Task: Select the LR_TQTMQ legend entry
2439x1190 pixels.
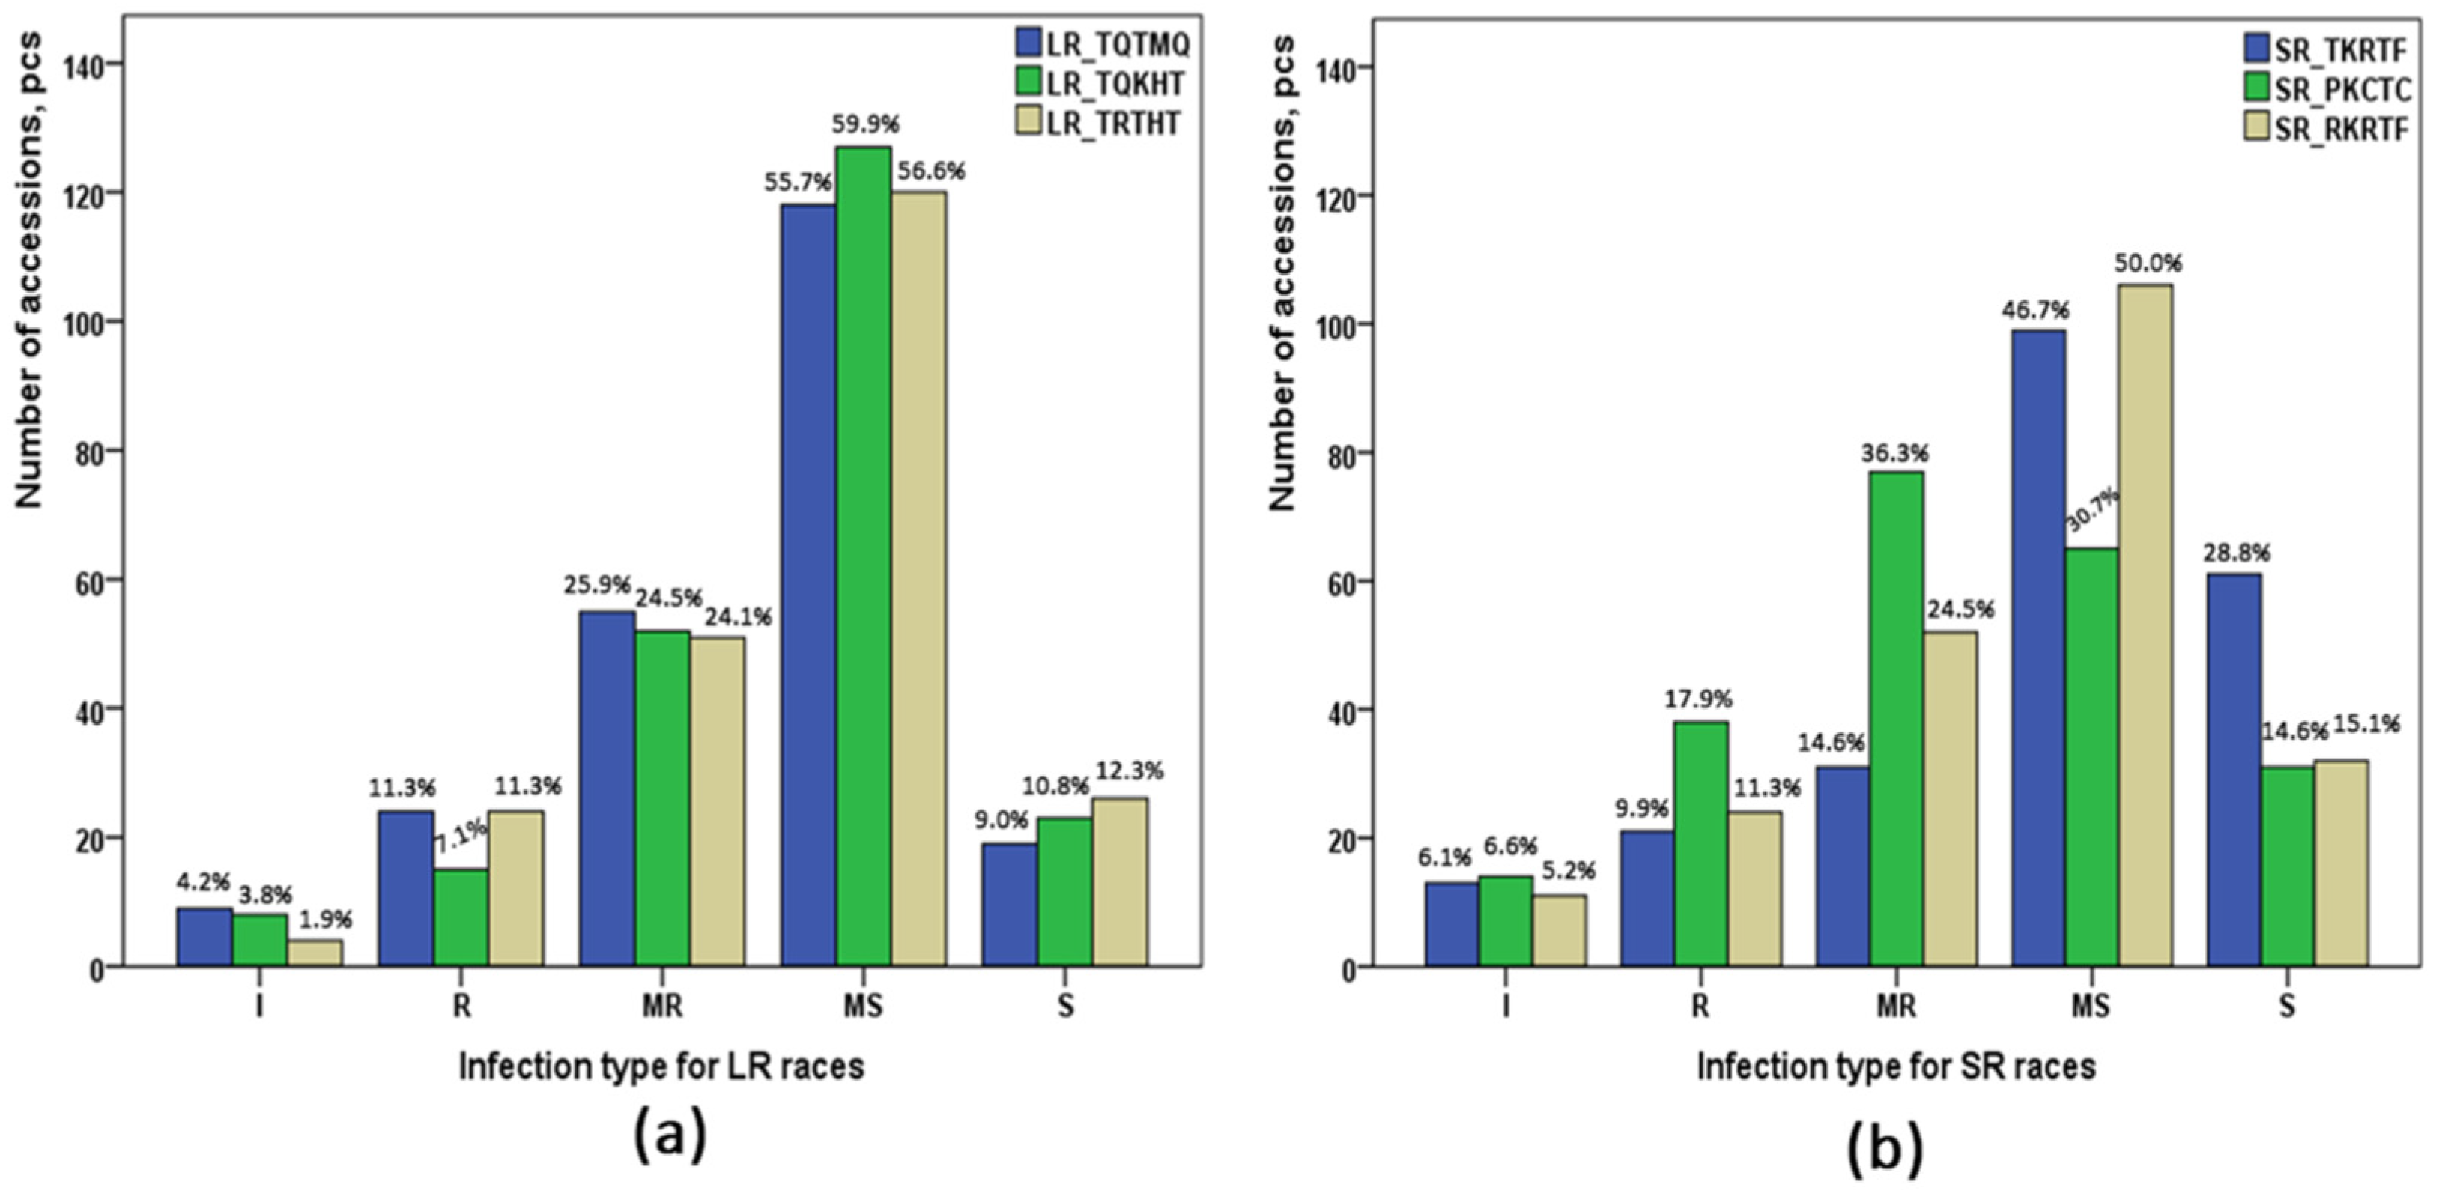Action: point(1100,43)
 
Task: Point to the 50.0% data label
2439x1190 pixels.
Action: point(2148,262)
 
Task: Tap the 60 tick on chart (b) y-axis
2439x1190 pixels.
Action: point(1333,581)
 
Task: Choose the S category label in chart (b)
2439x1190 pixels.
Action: point(2286,1004)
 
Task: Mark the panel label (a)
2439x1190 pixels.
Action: point(670,1133)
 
